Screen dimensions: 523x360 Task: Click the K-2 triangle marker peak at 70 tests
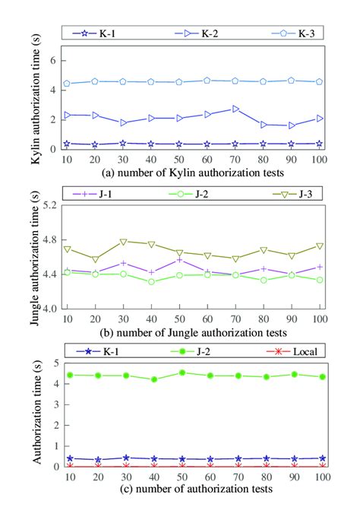click(x=235, y=109)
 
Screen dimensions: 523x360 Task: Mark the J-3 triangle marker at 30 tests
click(x=123, y=242)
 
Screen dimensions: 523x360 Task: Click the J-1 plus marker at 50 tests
click(x=179, y=260)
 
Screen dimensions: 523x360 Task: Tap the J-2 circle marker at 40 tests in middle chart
click(x=151, y=281)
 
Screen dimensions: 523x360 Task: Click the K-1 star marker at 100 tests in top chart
click(x=320, y=143)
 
